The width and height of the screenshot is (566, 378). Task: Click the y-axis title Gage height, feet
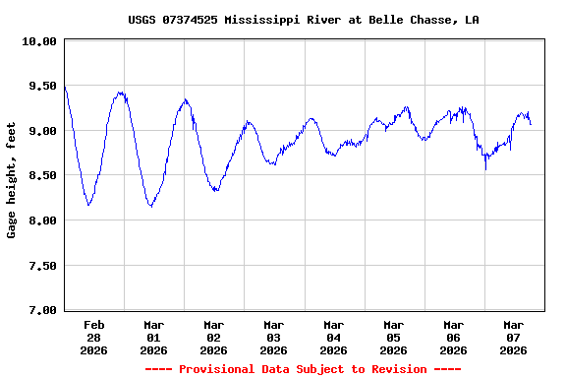click(x=12, y=180)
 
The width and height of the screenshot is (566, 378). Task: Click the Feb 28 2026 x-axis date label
click(x=93, y=337)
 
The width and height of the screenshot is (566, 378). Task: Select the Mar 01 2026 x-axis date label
click(x=153, y=337)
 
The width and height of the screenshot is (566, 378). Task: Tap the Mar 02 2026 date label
click(x=213, y=337)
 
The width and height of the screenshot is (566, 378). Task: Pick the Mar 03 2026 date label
click(x=273, y=337)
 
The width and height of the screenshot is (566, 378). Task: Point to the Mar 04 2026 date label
click(x=333, y=337)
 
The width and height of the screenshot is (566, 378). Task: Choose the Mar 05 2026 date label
click(x=393, y=337)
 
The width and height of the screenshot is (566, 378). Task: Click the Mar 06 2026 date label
click(x=453, y=337)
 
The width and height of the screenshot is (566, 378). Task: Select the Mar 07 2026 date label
click(x=513, y=337)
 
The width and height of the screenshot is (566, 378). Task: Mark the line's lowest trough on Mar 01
click(x=150, y=206)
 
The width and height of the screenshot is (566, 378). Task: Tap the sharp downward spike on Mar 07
click(x=485, y=168)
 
